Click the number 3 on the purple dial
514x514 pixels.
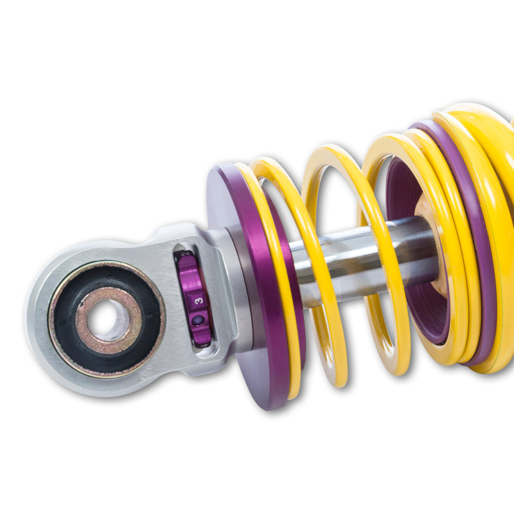click(x=199, y=300)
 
